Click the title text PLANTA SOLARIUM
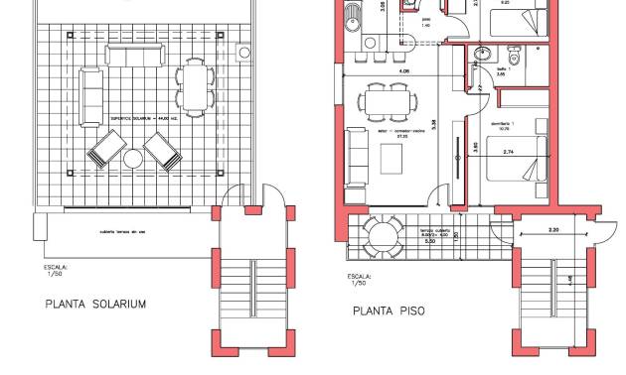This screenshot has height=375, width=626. (x=95, y=305)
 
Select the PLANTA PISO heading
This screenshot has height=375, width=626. (x=389, y=311)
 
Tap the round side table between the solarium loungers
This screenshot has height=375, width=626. (x=133, y=159)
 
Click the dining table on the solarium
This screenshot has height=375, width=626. (x=195, y=85)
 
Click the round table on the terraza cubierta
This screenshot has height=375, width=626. (x=382, y=235)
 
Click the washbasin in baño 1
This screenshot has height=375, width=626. (x=483, y=55)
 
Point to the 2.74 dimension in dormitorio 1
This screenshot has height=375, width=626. (x=509, y=152)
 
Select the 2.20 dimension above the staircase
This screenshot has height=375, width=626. (x=552, y=229)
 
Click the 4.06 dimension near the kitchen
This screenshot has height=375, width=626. (x=402, y=71)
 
